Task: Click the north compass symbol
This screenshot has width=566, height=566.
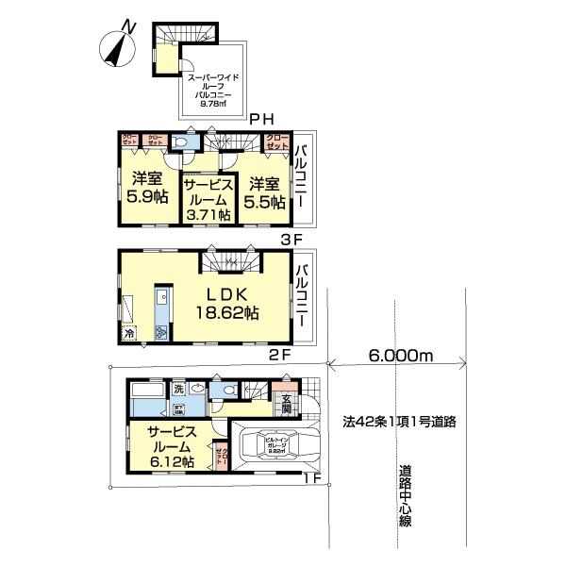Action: (x=120, y=46)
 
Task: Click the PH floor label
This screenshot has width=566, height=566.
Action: (x=262, y=118)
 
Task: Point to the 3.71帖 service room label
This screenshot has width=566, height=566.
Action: (x=207, y=199)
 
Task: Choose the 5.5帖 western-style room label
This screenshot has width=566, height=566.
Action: (x=264, y=193)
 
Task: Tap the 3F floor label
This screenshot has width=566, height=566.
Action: (x=291, y=239)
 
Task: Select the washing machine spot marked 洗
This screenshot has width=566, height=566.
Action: (x=177, y=389)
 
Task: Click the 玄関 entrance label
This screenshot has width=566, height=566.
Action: (x=284, y=404)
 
